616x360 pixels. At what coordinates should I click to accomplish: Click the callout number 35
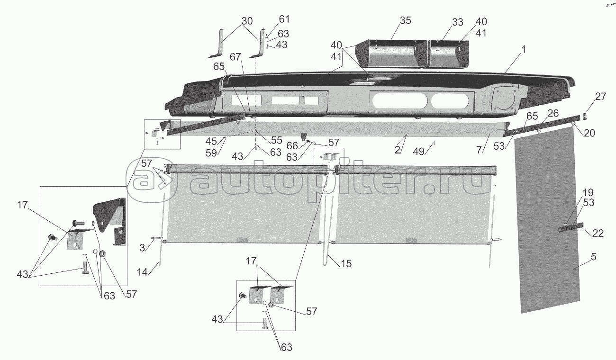tap(405, 21)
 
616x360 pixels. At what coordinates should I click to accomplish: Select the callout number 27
tap(600, 97)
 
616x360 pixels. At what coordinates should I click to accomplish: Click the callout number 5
tap(580, 257)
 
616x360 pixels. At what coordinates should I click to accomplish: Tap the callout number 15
tap(346, 263)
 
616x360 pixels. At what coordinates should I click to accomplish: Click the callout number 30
tap(247, 21)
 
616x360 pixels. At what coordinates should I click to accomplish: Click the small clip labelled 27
tap(585, 116)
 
